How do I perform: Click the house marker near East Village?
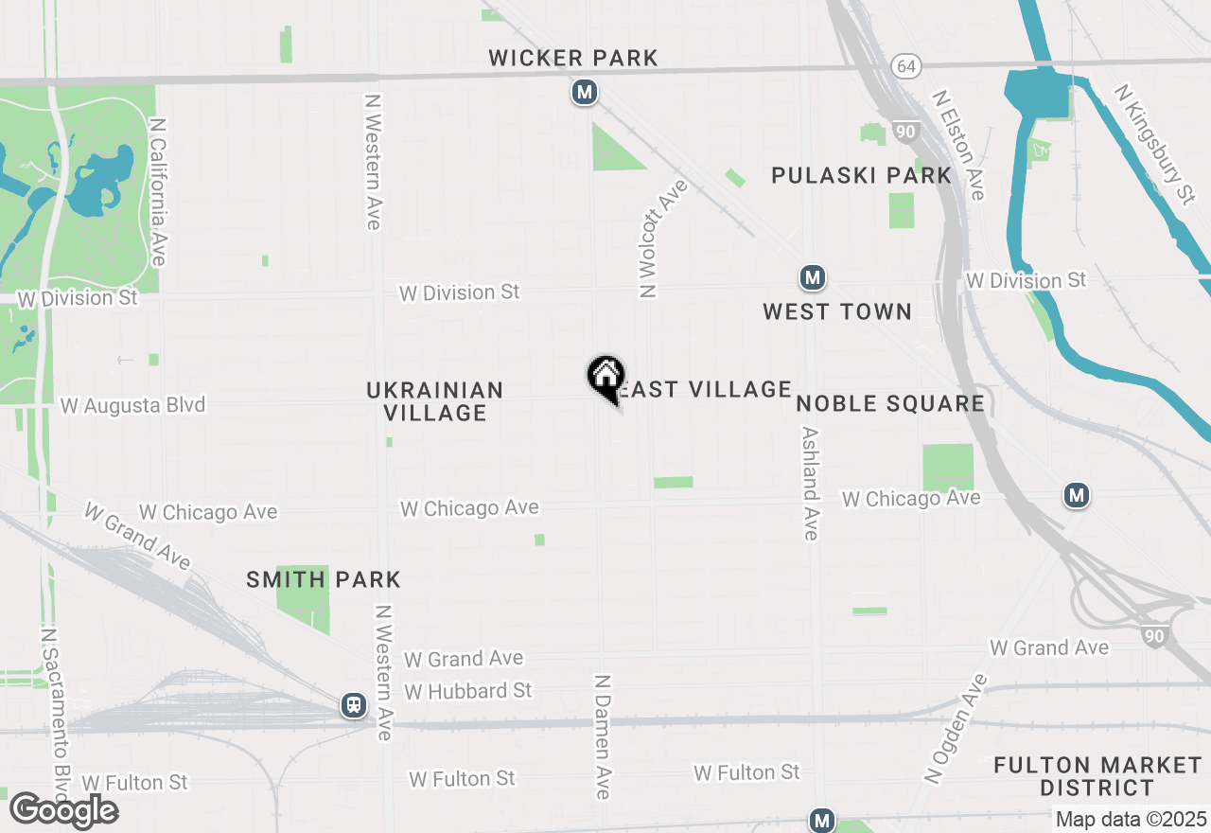coord(605,377)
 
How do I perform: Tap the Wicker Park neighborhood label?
coord(573,59)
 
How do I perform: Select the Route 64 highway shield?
coord(905,66)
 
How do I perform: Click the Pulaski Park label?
coord(861,175)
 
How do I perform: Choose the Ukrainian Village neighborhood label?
coord(434,401)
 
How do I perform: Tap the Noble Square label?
coord(889,404)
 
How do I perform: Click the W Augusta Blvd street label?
coord(132,406)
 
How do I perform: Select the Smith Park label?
coord(324,579)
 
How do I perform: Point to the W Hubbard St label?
coord(468,691)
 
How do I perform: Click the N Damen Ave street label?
coord(603,736)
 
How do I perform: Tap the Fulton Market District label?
coord(1097,776)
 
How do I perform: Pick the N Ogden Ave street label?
coord(956,729)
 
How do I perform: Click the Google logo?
coord(63,810)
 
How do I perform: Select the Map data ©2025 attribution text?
coord(1131,819)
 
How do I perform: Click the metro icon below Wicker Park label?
coord(585,93)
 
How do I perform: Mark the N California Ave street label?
coord(159,192)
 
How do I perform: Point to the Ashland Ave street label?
coord(810,483)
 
